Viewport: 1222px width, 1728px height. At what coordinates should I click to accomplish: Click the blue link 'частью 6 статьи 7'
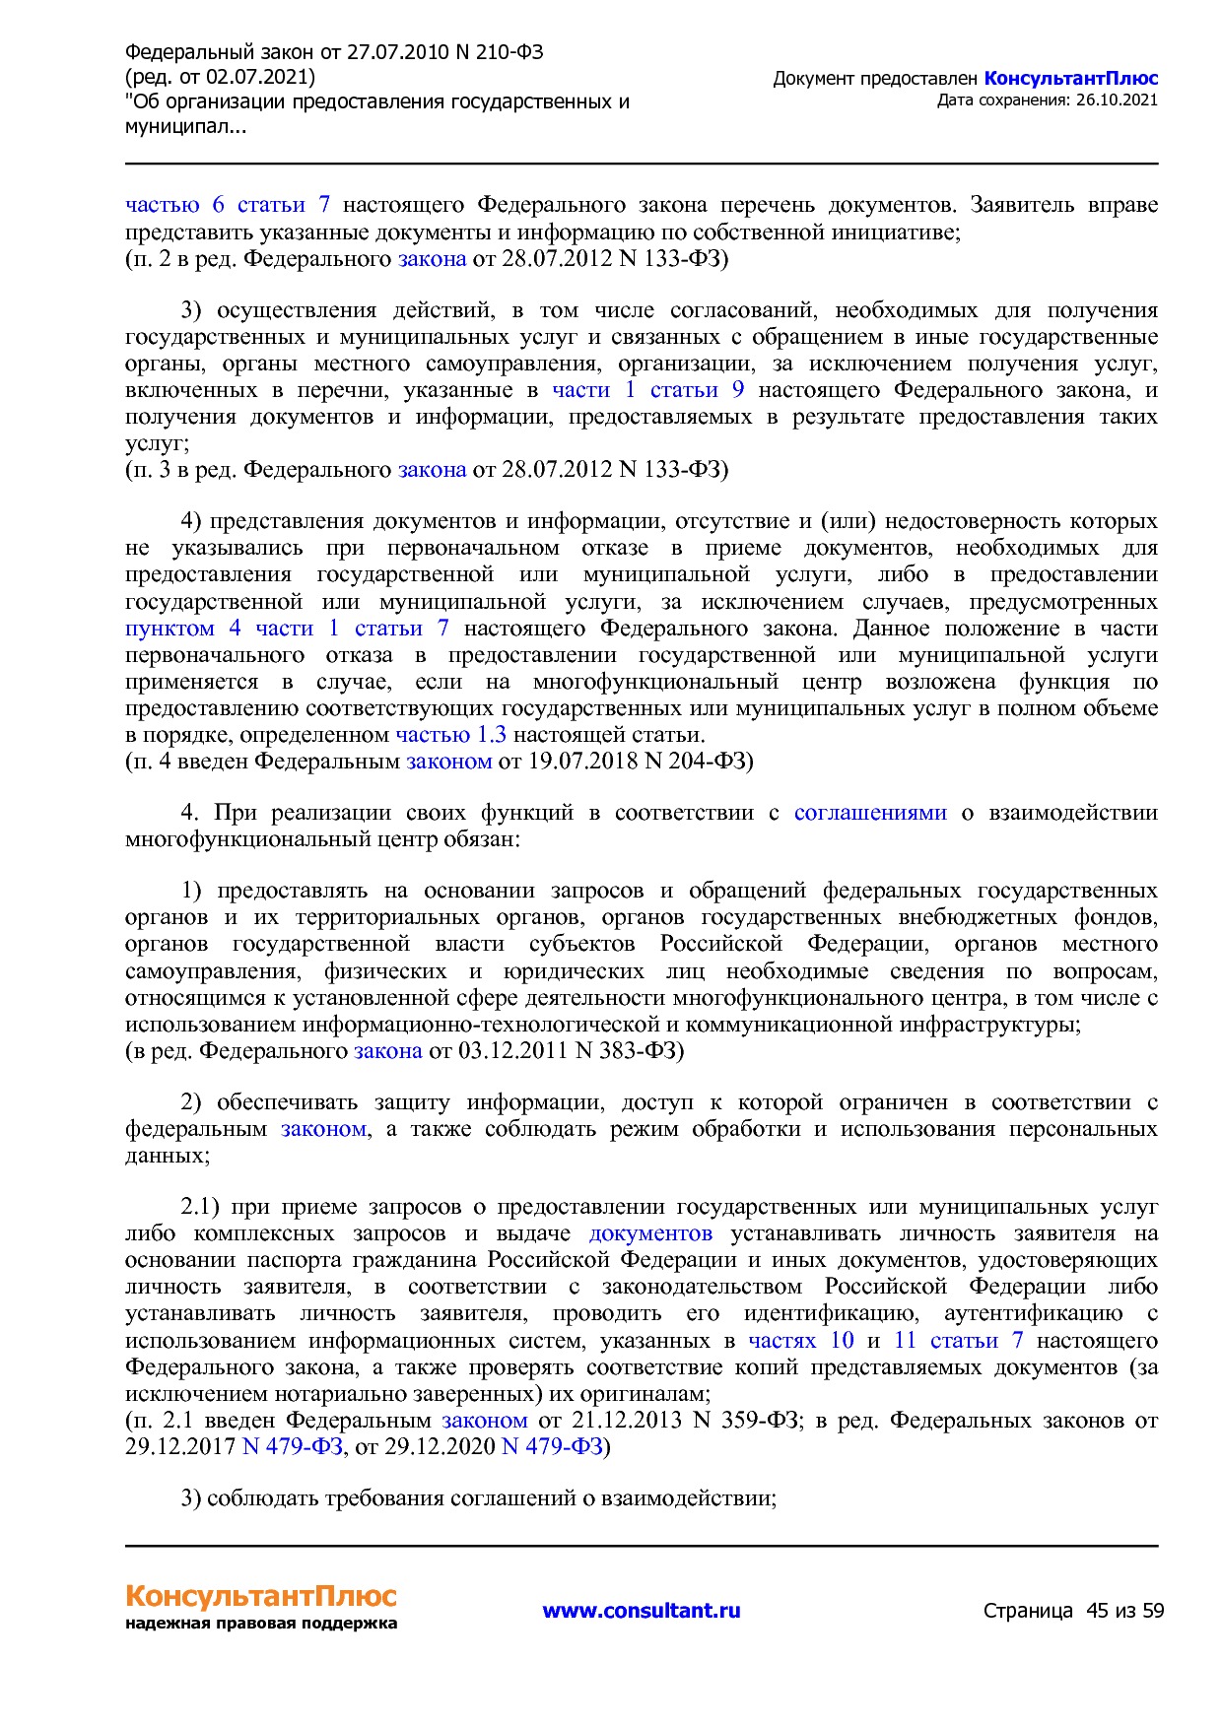(x=228, y=205)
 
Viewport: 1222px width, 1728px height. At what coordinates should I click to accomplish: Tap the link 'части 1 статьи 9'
(x=647, y=389)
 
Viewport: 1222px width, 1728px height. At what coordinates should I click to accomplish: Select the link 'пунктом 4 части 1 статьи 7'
(x=287, y=628)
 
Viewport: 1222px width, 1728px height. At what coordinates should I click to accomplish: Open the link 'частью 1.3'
(x=450, y=734)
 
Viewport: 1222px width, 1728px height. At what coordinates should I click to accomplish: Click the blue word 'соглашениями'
(x=870, y=812)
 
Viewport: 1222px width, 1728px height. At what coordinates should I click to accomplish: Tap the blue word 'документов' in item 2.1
(x=650, y=1232)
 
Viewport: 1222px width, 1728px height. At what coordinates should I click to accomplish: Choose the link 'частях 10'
(x=800, y=1340)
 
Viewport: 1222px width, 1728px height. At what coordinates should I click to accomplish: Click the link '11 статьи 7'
(x=958, y=1340)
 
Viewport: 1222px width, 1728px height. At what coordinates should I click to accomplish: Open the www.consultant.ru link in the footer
(x=641, y=1610)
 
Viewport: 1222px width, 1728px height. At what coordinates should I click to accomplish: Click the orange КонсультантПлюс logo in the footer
(x=261, y=1596)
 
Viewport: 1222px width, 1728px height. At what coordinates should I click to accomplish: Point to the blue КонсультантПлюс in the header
(x=1070, y=79)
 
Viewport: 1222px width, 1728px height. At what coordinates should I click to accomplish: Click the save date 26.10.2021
(x=1117, y=100)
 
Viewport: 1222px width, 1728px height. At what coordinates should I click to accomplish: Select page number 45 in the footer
(x=1097, y=1611)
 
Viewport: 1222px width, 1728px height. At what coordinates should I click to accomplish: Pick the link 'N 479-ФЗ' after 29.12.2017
(x=292, y=1446)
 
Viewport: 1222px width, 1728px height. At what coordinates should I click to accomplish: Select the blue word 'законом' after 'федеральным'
(x=323, y=1128)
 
